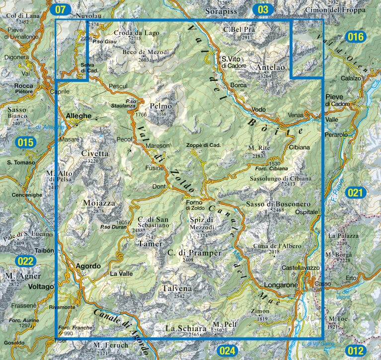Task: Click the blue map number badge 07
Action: click(x=61, y=9)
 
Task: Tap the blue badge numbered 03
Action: click(x=263, y=9)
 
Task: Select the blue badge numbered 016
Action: click(x=356, y=37)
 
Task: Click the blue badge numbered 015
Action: click(x=26, y=143)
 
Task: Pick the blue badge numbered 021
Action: click(x=356, y=193)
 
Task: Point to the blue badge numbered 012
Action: click(x=356, y=351)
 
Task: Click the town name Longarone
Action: click(x=281, y=286)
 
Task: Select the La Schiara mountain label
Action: click(x=185, y=328)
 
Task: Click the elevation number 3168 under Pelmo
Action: click(x=160, y=114)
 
